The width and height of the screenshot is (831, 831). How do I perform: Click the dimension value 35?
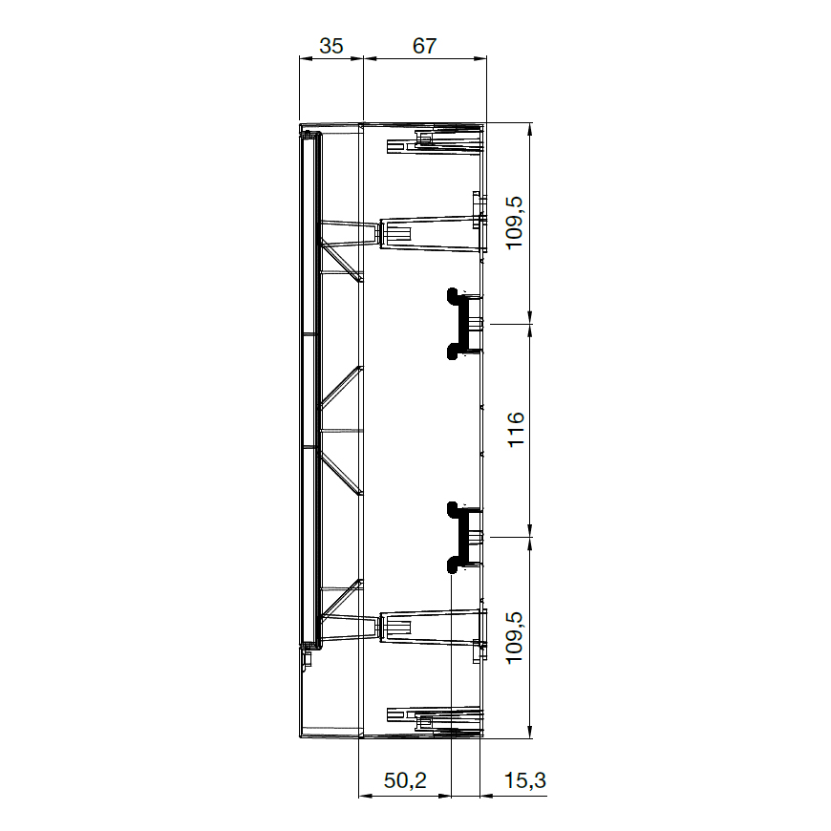tap(331, 46)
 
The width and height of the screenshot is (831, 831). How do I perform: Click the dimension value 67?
tap(424, 46)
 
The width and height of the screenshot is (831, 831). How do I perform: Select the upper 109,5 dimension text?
tap(515, 223)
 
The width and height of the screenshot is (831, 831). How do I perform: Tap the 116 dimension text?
tap(516, 429)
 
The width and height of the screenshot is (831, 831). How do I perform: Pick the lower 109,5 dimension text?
tap(515, 637)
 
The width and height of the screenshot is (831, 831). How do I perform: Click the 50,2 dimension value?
tap(405, 780)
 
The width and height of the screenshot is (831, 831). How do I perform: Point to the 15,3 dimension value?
tap(524, 780)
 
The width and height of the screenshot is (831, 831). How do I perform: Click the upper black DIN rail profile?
tap(462, 323)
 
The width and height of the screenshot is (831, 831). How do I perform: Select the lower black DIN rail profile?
tap(462, 538)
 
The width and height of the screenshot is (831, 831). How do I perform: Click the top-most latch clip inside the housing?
tap(435, 141)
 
